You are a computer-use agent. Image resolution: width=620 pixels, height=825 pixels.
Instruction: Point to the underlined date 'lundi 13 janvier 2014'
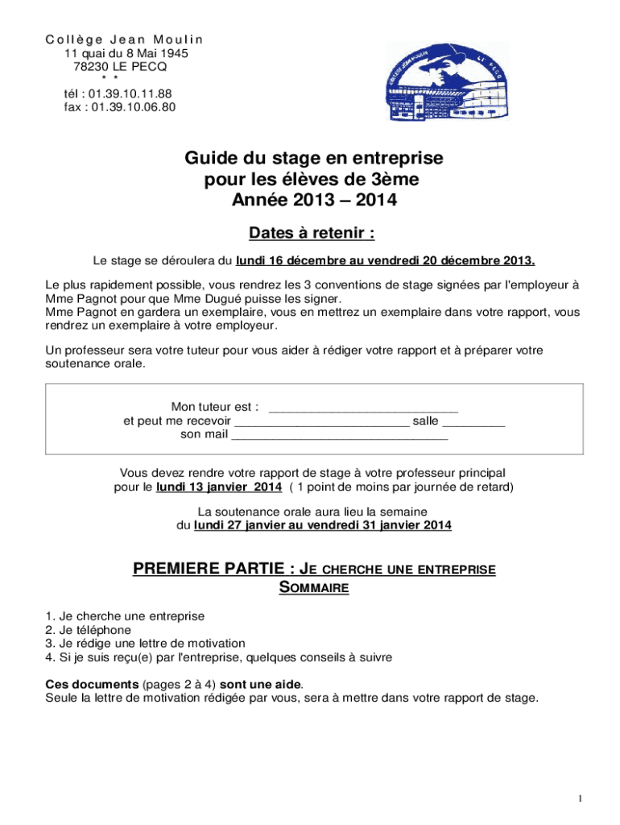(219, 487)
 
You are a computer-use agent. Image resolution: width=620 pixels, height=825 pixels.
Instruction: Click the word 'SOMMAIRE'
(313, 588)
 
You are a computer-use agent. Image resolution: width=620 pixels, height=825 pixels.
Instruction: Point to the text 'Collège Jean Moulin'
(124, 39)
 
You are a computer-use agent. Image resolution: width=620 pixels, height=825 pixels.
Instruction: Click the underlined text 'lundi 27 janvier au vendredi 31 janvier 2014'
(323, 525)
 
